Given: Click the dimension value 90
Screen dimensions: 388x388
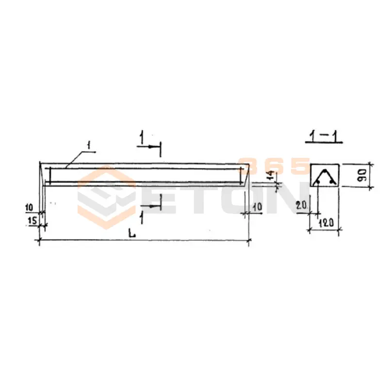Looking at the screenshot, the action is pos(361,175).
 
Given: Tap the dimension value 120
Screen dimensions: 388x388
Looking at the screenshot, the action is pos(326,223).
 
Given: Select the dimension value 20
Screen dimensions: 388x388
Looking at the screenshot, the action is pos(301,205).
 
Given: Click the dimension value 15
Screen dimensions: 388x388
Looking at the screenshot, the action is pos(32,221).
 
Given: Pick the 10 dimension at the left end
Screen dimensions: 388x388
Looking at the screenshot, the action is pos(29,207).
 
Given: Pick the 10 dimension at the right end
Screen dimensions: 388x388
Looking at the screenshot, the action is pos(258,207).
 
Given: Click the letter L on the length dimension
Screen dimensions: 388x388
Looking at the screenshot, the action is pos(132,233).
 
